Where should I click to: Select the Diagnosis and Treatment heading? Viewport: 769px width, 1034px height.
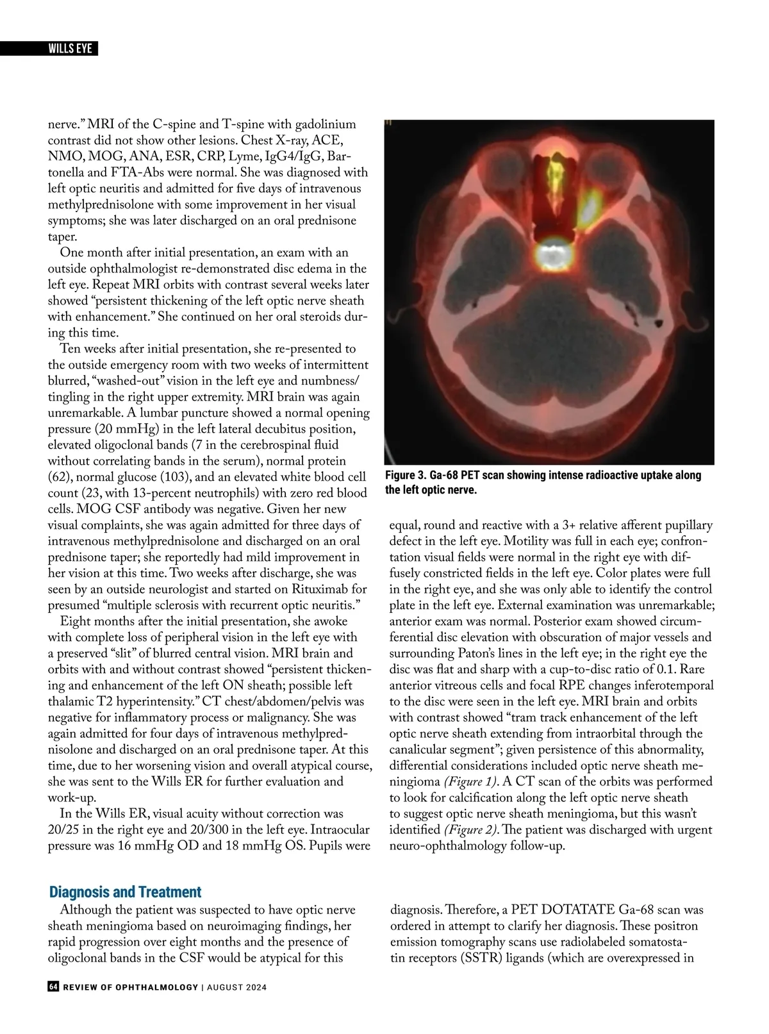(x=125, y=892)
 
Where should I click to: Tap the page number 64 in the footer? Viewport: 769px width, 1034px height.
(x=54, y=987)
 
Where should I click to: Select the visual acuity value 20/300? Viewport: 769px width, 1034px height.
(x=236, y=830)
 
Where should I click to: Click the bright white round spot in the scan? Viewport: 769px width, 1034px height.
(x=551, y=255)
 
